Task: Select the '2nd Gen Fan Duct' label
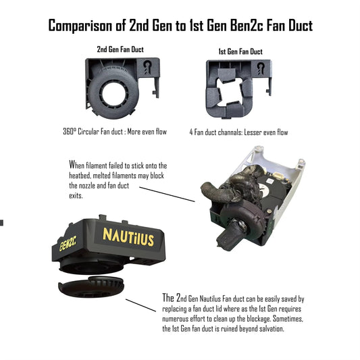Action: [x=120, y=49]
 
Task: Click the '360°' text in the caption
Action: [x=71, y=132]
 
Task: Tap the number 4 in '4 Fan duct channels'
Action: [x=192, y=132]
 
